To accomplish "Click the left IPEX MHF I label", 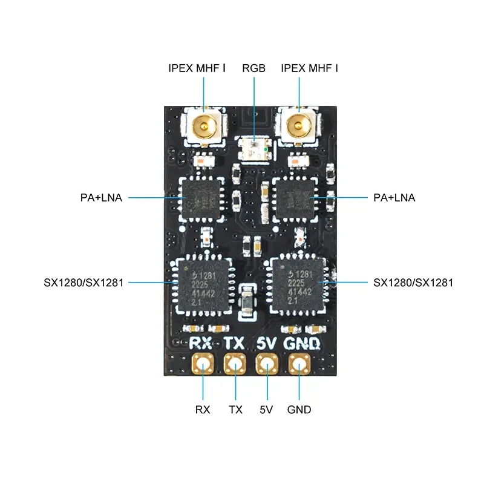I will pyautogui.click(x=197, y=68).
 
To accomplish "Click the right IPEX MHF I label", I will pyautogui.click(x=309, y=68).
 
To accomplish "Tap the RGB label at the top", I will pyautogui.click(x=253, y=68).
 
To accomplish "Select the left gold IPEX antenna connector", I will pyautogui.click(x=203, y=126).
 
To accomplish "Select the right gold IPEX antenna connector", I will pyautogui.click(x=298, y=126).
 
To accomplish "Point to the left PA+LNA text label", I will pyautogui.click(x=101, y=198).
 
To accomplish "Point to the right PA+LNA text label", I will pyautogui.click(x=394, y=198).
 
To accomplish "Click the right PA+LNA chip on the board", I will pyautogui.click(x=294, y=198).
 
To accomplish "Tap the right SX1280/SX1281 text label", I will pyautogui.click(x=413, y=283).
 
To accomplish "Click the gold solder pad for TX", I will pyautogui.click(x=235, y=365).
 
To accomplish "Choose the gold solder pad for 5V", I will pyautogui.click(x=266, y=365).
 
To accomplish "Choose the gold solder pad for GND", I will pyautogui.click(x=299, y=365).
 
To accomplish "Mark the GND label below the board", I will pyautogui.click(x=299, y=410).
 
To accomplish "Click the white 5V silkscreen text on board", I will pyautogui.click(x=267, y=344).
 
